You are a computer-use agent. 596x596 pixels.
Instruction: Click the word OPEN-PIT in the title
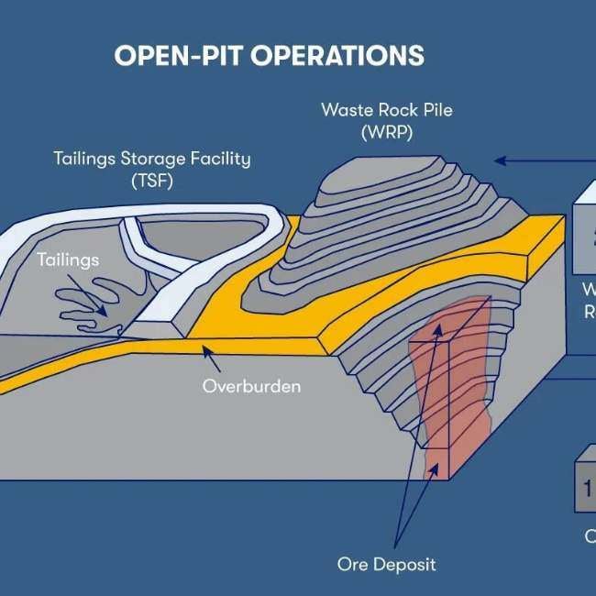pos(178,55)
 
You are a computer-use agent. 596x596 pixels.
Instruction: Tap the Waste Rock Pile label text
pos(386,110)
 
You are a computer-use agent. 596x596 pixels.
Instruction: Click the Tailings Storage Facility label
pos(151,159)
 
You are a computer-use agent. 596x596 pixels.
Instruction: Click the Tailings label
pos(68,260)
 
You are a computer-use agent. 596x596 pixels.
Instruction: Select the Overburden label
pos(251,386)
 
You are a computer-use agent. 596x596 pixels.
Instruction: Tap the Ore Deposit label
pos(386,563)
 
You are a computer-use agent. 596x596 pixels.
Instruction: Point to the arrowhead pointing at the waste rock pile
pos(499,160)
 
